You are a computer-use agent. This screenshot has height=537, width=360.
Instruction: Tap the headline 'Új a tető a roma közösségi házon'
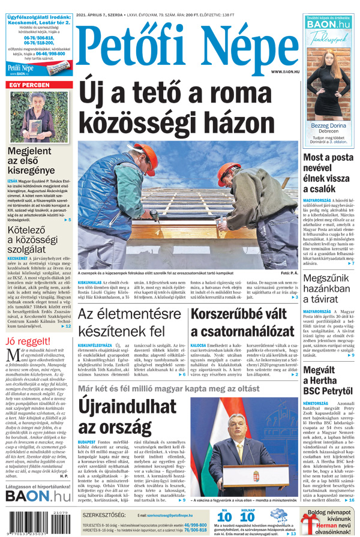pos(187,110)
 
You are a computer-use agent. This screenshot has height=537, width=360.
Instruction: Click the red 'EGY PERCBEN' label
pos(29,85)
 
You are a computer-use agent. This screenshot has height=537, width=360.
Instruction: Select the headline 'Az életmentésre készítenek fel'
pos(129,322)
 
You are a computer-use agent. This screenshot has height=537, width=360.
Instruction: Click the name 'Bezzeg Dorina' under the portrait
pos(328,126)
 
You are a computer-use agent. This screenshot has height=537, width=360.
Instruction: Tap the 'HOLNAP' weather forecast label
pos(247,511)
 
